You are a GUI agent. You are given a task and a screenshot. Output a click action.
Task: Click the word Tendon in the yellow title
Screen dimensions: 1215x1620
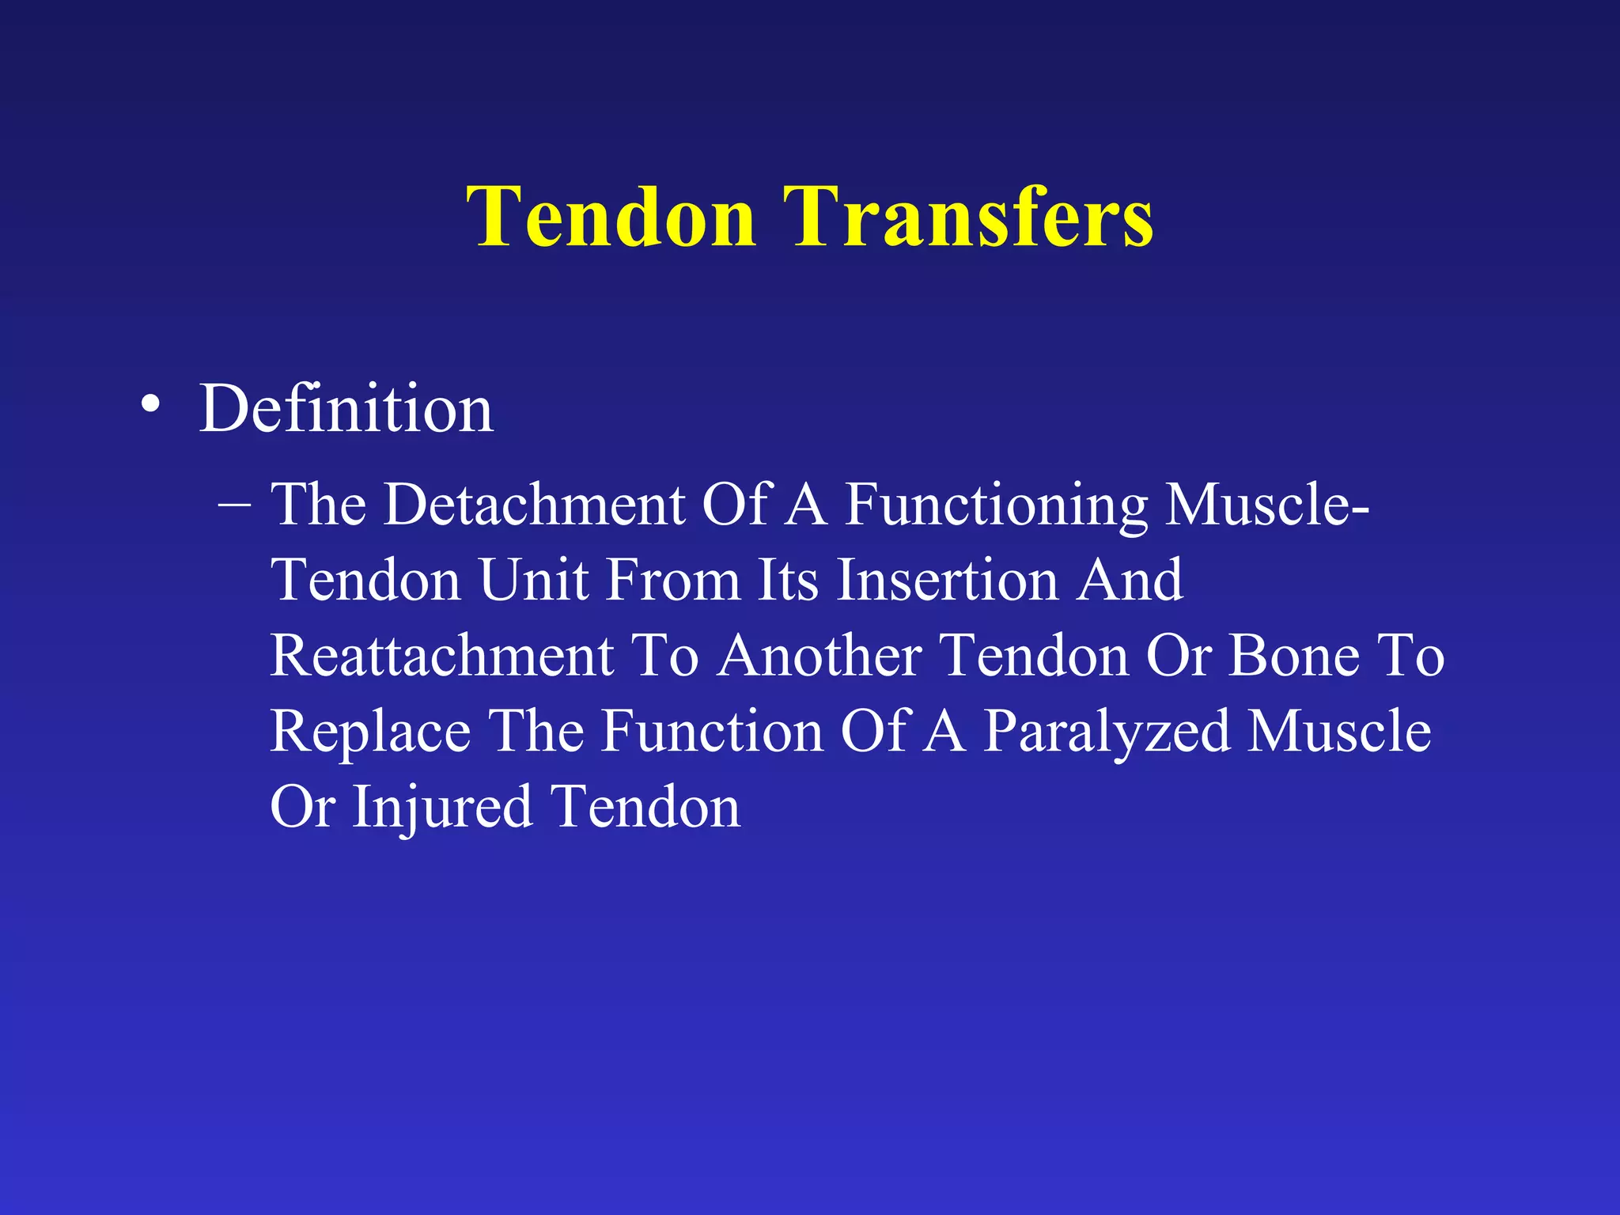point(611,218)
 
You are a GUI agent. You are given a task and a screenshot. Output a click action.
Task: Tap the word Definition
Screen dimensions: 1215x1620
point(346,409)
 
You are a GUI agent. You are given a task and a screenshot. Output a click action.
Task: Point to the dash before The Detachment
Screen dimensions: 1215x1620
point(234,505)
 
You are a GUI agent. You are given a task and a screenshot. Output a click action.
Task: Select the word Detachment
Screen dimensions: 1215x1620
point(535,505)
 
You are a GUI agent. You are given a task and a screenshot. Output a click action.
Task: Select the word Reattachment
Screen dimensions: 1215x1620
point(442,656)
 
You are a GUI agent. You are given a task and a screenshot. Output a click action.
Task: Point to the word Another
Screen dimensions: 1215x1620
point(819,656)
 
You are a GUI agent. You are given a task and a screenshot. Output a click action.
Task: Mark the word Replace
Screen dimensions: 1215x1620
point(371,732)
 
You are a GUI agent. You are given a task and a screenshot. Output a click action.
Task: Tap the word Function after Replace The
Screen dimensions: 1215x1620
point(713,731)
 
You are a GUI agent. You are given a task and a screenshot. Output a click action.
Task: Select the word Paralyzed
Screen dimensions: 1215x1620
point(1107,732)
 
